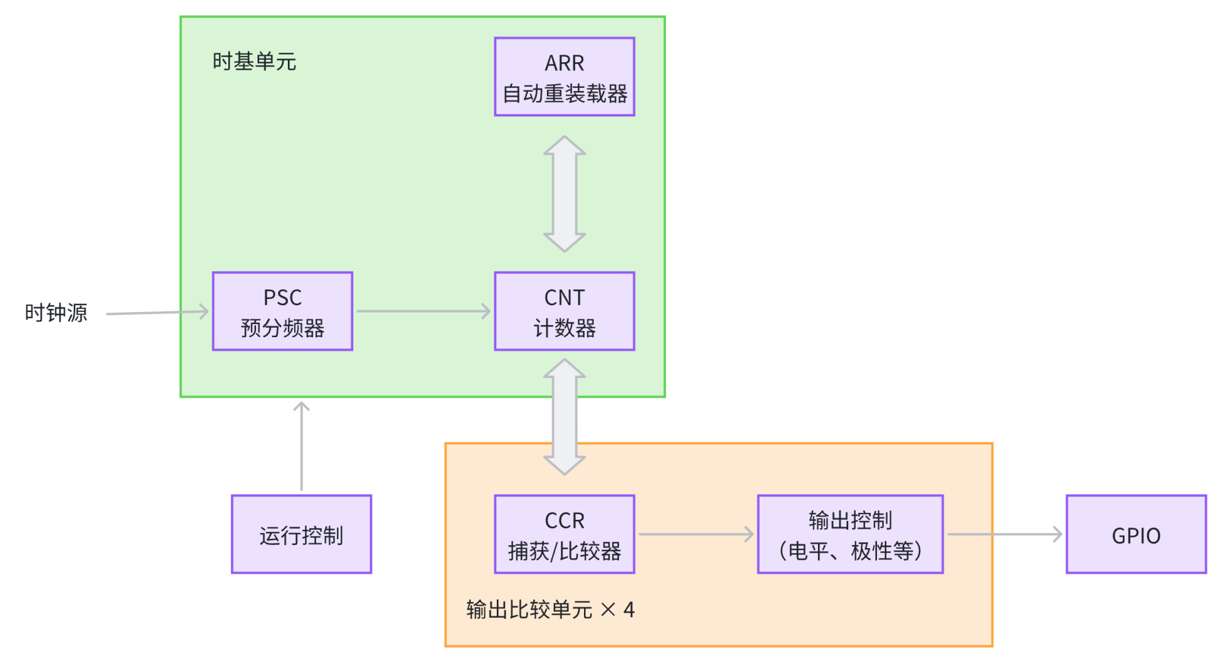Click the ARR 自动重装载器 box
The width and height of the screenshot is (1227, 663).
(564, 77)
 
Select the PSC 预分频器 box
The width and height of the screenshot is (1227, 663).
(282, 311)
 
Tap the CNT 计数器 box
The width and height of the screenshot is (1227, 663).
(564, 311)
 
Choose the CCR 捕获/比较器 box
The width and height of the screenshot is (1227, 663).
(564, 534)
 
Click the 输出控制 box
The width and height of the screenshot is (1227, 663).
(850, 534)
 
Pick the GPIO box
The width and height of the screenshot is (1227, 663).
(1135, 534)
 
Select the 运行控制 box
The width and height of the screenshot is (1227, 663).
(301, 534)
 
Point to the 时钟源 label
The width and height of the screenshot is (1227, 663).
(56, 313)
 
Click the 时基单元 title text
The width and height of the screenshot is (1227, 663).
(254, 62)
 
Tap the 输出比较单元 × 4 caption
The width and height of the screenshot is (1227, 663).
(550, 610)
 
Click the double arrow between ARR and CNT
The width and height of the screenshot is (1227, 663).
(564, 194)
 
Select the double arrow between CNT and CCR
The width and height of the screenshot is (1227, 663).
(564, 417)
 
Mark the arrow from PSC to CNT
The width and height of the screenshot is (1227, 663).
(423, 311)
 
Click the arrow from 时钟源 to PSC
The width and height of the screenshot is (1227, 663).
(157, 313)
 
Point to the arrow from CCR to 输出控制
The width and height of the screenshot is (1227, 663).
(695, 534)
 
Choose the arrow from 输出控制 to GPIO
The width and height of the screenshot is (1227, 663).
(1004, 534)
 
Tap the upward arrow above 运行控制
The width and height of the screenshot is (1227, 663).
(301, 446)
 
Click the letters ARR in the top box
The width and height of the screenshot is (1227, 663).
(564, 63)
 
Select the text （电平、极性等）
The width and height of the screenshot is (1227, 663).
(850, 551)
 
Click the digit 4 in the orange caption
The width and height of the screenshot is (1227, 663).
(629, 610)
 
